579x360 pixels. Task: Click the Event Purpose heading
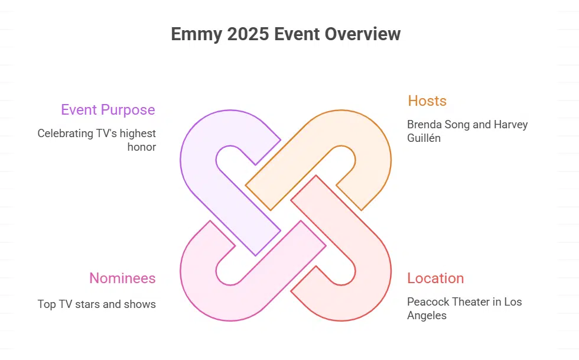108,110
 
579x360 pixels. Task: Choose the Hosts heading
427,101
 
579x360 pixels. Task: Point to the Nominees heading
122,278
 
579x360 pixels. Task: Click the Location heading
435,278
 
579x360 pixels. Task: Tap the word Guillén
424,138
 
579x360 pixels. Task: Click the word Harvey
509,125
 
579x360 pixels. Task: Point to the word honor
142,147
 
